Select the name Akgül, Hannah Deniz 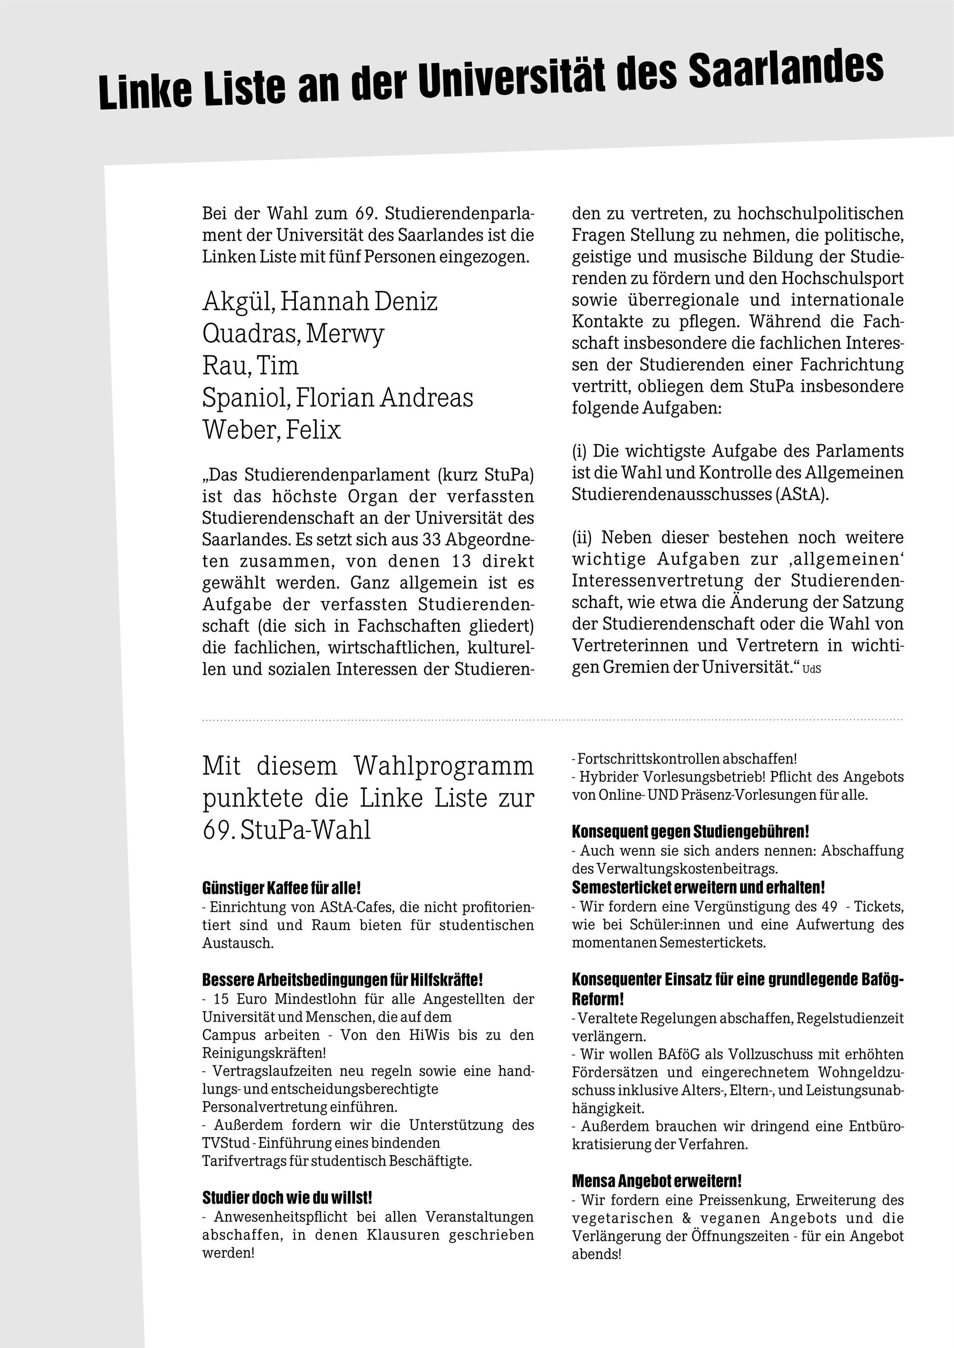point(319,302)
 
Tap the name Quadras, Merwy point(293,334)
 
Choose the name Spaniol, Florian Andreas point(337,398)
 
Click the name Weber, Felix point(271,430)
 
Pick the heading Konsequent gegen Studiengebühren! point(690,831)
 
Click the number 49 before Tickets point(830,907)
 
